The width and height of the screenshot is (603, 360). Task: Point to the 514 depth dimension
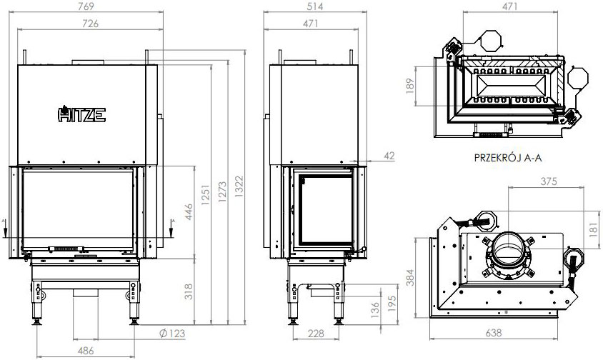coord(310,7)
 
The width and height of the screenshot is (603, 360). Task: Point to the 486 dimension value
coord(86,349)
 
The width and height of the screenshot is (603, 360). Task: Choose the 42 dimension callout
coord(388,156)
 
